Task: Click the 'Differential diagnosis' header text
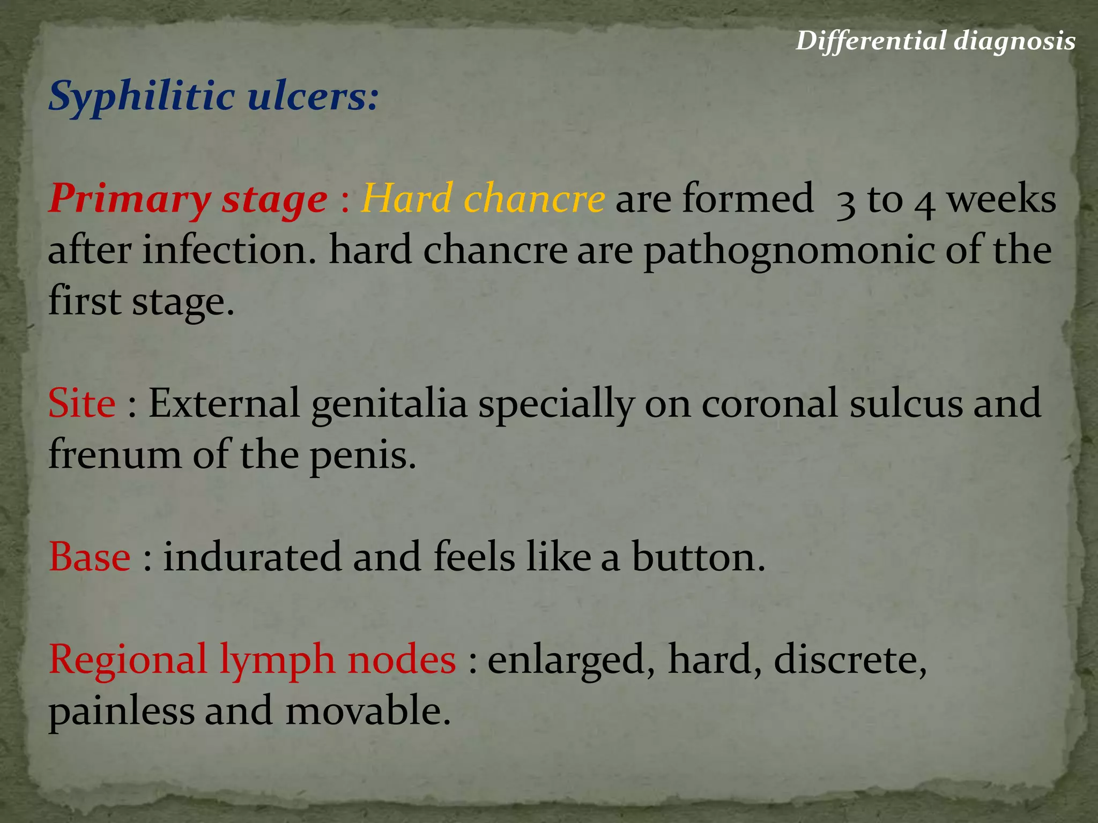935,41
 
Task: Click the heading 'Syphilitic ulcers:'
213,96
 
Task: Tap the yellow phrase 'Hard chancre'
483,198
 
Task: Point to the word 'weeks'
1001,198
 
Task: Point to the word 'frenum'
115,454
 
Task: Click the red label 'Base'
90,557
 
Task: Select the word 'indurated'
252,557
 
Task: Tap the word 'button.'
698,557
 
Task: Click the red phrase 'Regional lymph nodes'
252,660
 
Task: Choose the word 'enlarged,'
572,660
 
